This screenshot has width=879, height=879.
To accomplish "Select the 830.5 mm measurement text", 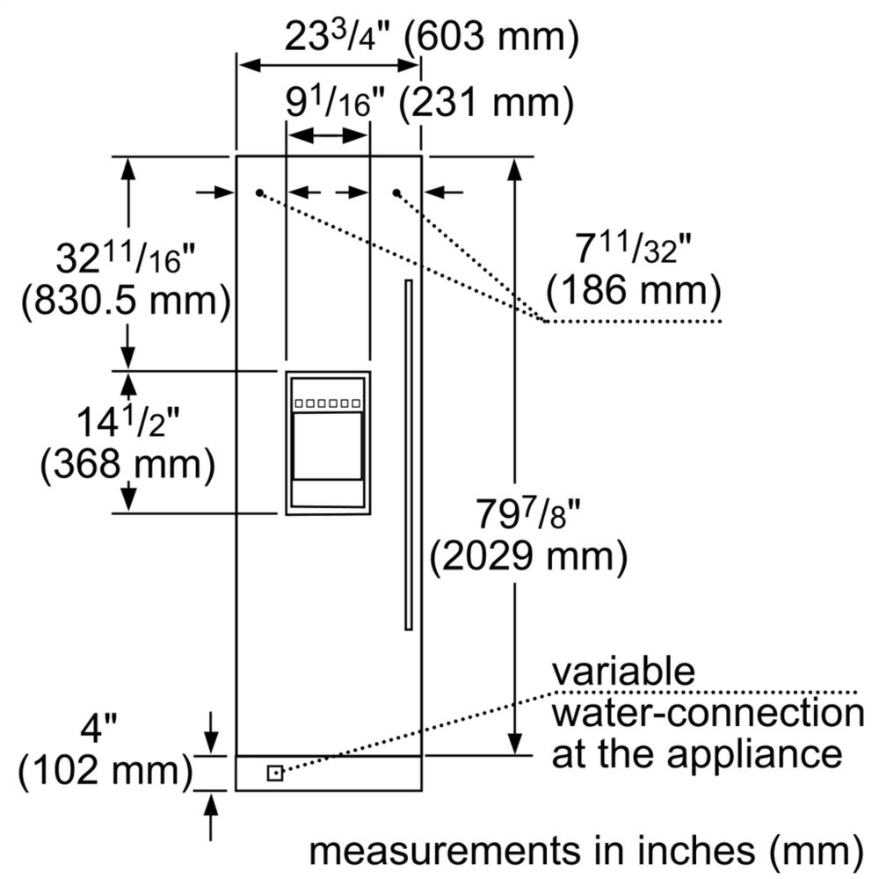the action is [126, 301].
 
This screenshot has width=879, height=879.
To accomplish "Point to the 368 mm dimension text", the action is [127, 464].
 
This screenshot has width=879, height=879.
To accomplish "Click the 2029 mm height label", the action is [528, 556].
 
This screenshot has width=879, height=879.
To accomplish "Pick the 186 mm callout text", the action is [634, 290].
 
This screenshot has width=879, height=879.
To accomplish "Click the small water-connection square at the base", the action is [274, 773].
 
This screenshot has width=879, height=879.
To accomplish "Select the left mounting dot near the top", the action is [259, 193].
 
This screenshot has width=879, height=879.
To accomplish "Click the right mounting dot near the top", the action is [396, 193].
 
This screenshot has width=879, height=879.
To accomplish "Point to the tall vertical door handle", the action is [409, 454].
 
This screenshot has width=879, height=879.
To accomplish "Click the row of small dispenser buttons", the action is [328, 403].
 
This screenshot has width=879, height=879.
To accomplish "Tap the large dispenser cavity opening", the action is [327, 447].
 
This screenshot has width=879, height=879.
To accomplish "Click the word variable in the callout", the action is [623, 672].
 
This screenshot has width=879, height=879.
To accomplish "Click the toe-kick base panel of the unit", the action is [328, 773].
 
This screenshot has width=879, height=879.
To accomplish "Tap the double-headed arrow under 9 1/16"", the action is [327, 135].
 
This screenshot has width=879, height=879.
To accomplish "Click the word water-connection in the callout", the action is [708, 713].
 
